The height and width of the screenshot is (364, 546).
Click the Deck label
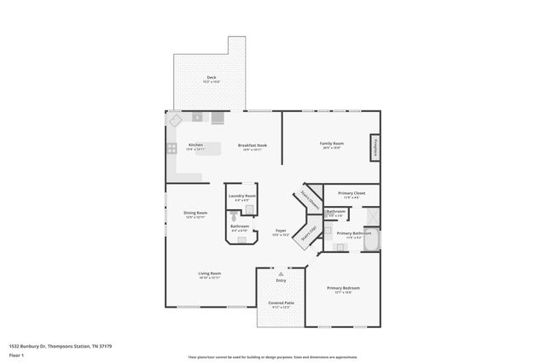tap(211, 78)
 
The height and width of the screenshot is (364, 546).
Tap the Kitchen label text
tap(195, 144)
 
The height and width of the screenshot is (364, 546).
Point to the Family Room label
tap(331, 143)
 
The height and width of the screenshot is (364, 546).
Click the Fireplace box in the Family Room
tap(374, 147)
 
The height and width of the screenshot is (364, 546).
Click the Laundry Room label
tap(242, 196)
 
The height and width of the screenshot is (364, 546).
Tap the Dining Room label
tap(196, 213)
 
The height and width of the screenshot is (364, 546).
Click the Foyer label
tap(280, 231)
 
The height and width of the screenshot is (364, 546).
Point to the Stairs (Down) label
tap(309, 199)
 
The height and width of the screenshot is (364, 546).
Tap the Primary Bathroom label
tap(352, 233)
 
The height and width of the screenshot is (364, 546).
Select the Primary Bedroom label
tap(343, 288)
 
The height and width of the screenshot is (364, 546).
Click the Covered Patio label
tap(281, 302)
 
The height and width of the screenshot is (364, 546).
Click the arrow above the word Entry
tap(281, 273)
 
